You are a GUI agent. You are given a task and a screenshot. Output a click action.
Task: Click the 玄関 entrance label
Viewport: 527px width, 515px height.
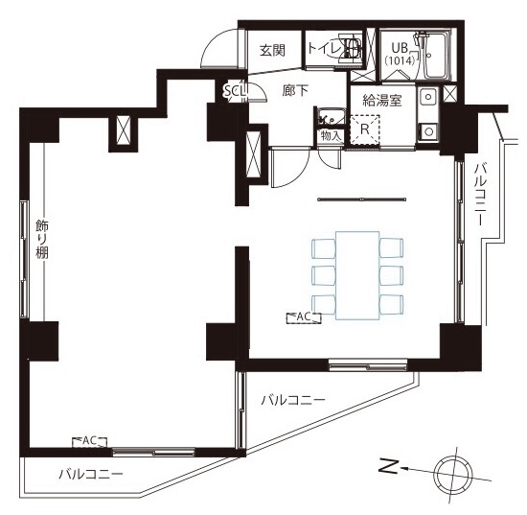(x=272, y=51)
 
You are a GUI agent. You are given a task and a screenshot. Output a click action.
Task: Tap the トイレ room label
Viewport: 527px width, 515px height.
(x=324, y=49)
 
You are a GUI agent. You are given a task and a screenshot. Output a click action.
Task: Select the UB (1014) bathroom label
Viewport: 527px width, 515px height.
(x=399, y=54)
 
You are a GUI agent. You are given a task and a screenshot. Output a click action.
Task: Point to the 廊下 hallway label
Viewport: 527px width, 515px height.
(x=295, y=90)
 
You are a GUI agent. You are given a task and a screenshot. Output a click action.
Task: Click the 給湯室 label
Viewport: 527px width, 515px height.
(x=382, y=101)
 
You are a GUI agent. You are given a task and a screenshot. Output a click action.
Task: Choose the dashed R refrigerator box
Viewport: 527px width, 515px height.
(x=365, y=129)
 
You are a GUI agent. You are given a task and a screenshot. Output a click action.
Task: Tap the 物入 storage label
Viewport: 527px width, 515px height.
(x=332, y=136)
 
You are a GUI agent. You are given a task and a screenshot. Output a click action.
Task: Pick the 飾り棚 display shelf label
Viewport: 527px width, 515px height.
(x=43, y=239)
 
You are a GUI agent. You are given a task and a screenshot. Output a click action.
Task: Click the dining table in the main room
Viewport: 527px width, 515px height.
(x=357, y=275)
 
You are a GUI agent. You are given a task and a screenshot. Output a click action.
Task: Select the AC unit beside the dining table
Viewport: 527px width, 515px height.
(x=304, y=317)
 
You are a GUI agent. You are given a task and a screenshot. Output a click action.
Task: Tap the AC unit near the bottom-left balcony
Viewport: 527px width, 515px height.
(x=90, y=442)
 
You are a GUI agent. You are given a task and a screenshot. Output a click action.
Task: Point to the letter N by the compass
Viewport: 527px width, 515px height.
(x=389, y=467)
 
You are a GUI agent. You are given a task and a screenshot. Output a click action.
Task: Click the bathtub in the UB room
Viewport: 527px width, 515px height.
(x=436, y=56)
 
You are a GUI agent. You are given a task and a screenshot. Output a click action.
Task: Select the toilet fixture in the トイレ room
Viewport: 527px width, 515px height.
(x=351, y=48)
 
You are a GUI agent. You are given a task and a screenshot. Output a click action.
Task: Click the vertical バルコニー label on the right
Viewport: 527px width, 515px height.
(x=480, y=195)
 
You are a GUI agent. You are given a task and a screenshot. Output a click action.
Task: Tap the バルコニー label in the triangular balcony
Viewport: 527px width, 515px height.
(x=293, y=400)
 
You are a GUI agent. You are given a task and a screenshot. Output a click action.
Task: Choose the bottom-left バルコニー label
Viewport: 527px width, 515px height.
(x=91, y=475)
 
